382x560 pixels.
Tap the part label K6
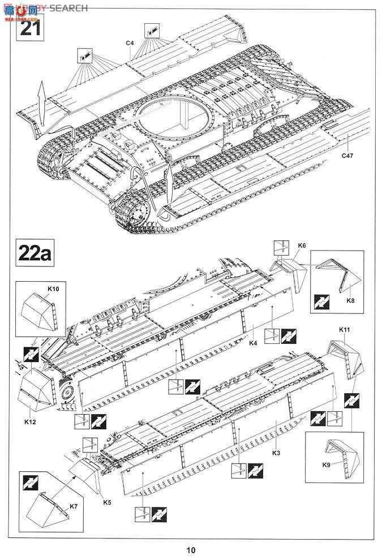(302, 245)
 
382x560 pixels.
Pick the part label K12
(31, 421)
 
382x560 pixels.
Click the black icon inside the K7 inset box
(29, 483)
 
